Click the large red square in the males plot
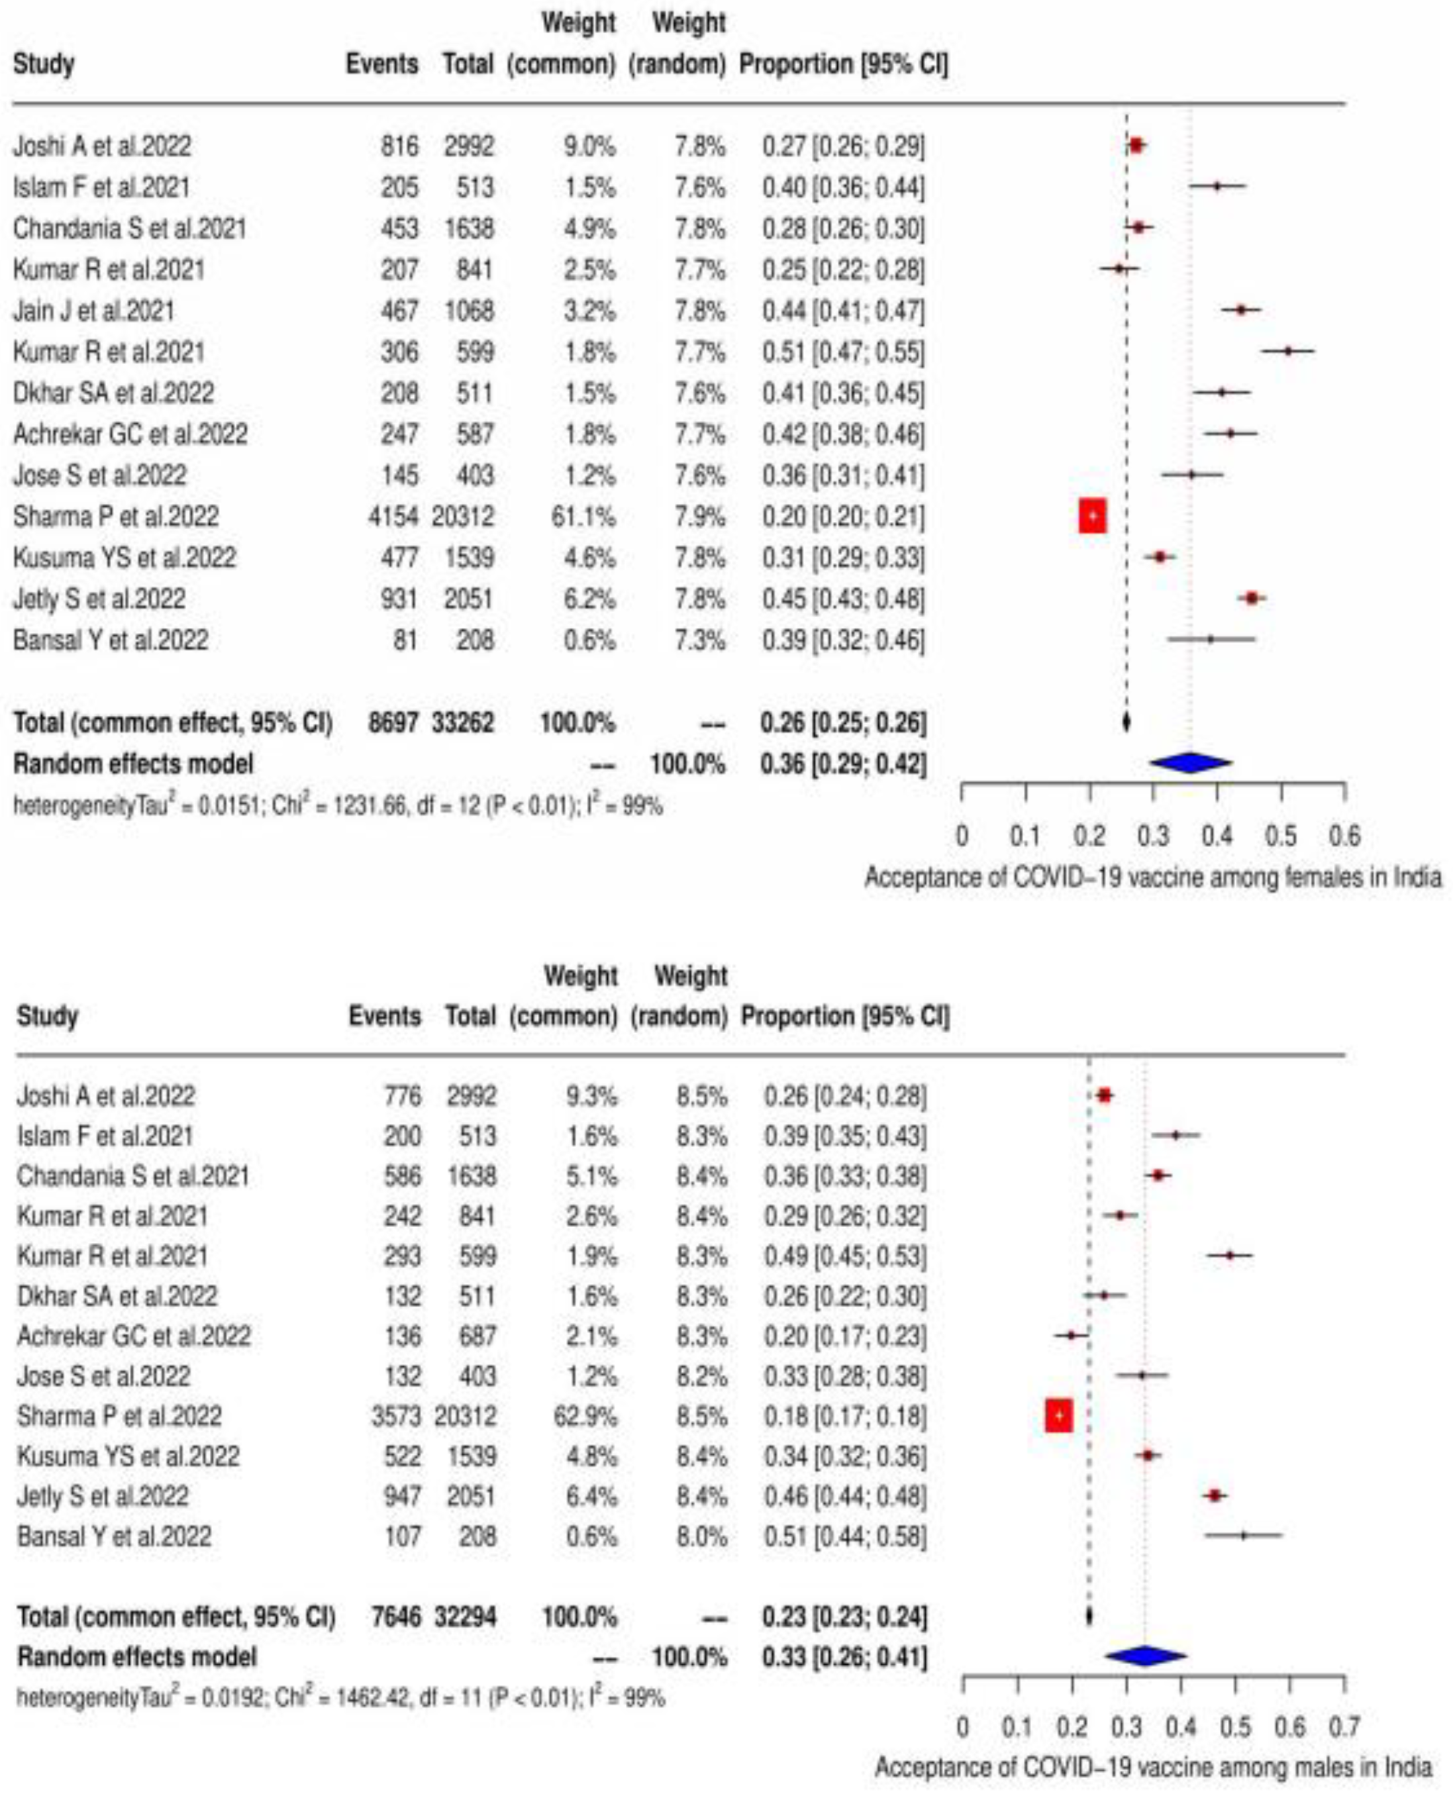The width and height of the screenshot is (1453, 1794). [x=1059, y=1416]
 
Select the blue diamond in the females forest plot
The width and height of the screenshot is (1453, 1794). [x=1190, y=762]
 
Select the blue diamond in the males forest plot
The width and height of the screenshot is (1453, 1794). [x=1145, y=1656]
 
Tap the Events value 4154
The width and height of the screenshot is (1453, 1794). [x=393, y=517]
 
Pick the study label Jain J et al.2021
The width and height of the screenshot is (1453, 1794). [x=94, y=311]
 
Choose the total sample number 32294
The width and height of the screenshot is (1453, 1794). [x=466, y=1617]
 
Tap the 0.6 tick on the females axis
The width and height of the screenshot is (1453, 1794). [x=1344, y=835]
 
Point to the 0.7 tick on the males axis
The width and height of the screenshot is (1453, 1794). [x=1344, y=1726]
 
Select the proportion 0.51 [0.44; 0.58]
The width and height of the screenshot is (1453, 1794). [x=844, y=1536]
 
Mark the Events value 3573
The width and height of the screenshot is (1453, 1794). [x=397, y=1417]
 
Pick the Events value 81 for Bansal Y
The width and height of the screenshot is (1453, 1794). [x=405, y=640]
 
